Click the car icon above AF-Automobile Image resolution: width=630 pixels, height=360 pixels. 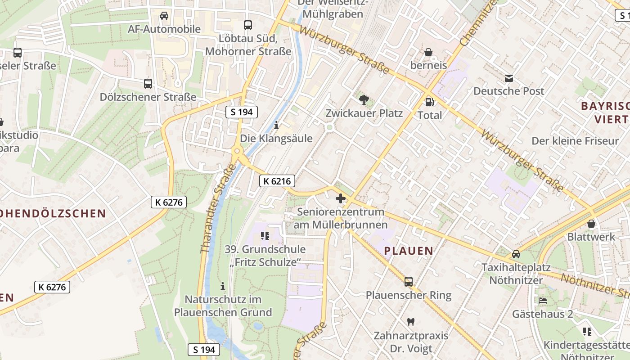pyautogui.click(x=164, y=16)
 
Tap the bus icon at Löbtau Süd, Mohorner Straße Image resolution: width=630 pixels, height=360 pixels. pyautogui.click(x=248, y=25)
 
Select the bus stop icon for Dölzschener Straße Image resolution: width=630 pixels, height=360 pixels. pyautogui.click(x=148, y=83)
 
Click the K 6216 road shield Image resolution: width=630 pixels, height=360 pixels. pyautogui.click(x=277, y=181)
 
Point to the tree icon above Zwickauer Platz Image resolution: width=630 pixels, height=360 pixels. pyautogui.click(x=364, y=100)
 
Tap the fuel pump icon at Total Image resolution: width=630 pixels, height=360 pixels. pyautogui.click(x=430, y=102)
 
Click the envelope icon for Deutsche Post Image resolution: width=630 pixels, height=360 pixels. pyautogui.click(x=508, y=78)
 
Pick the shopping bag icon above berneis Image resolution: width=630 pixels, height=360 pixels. pyautogui.click(x=428, y=52)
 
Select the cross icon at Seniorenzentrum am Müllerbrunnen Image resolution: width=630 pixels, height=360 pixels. pyautogui.click(x=341, y=198)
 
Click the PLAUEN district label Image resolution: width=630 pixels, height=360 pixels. pyautogui.click(x=409, y=251)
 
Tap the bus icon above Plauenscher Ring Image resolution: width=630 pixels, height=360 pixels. pyautogui.click(x=409, y=282)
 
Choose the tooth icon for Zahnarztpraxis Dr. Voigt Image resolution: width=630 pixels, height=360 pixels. pyautogui.click(x=410, y=322)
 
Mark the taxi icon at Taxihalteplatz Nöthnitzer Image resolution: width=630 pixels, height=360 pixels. pyautogui.click(x=516, y=254)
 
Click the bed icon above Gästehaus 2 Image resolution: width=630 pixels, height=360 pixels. pyautogui.click(x=543, y=300)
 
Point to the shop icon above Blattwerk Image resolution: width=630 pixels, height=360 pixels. pyautogui.click(x=591, y=223)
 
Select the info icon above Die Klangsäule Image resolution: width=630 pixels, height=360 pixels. pyautogui.click(x=276, y=125)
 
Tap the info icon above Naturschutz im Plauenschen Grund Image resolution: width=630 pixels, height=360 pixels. pyautogui.click(x=223, y=286)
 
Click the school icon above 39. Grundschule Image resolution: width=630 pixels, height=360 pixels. pyautogui.click(x=265, y=235)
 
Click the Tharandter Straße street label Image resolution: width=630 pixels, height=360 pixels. pyautogui.click(x=219, y=208)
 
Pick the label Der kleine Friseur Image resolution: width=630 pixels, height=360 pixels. pyautogui.click(x=575, y=141)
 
